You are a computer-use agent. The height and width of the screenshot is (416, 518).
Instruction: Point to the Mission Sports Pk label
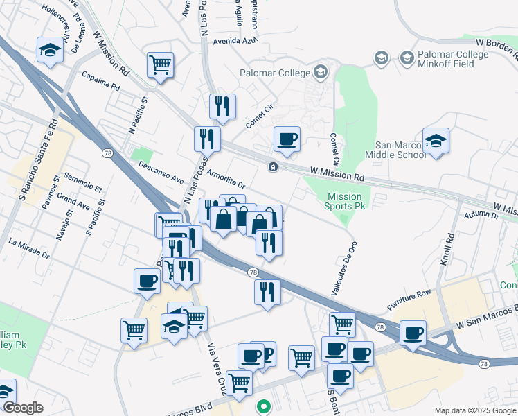point(345,201)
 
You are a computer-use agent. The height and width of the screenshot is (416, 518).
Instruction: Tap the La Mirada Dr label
point(29,248)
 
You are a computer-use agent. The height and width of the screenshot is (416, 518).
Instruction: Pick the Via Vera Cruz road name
point(213,361)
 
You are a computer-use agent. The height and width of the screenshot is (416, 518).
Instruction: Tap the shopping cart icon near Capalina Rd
point(160,64)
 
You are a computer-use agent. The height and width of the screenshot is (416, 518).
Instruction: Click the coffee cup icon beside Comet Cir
point(286,139)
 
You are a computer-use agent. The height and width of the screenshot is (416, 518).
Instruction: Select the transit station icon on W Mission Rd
point(274,166)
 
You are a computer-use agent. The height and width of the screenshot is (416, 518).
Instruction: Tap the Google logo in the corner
point(23,408)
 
